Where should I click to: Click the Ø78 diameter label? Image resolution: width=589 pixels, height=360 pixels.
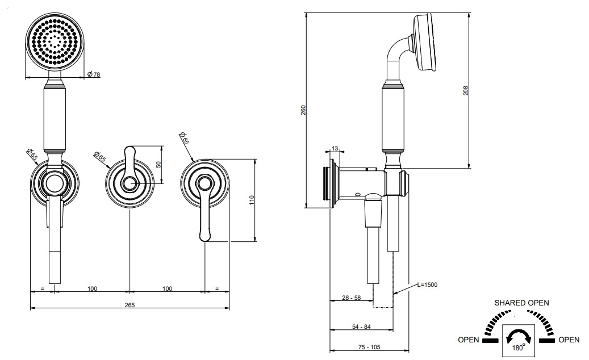point(94,74)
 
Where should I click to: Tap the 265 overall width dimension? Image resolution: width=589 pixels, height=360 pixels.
point(130,305)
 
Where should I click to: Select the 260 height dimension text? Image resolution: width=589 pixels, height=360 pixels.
point(303,110)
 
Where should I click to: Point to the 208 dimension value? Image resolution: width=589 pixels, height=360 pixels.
point(466,90)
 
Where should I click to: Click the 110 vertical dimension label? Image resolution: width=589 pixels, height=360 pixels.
point(252,200)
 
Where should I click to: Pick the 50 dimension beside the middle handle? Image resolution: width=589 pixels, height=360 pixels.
point(158,164)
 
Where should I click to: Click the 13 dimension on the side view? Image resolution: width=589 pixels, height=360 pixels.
point(335,149)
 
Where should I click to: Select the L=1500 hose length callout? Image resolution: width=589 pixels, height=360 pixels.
point(428,284)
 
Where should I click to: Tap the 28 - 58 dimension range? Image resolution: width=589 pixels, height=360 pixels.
point(351,298)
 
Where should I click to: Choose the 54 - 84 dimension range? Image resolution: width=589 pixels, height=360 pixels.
point(361,326)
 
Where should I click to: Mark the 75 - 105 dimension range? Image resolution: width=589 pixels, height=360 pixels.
point(369,348)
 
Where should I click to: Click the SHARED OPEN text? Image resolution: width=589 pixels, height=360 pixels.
point(521,303)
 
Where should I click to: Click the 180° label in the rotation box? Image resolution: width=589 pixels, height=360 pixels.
point(519,348)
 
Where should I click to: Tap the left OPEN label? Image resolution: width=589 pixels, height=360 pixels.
point(469,340)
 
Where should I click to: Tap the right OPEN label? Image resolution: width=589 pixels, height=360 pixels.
point(569,340)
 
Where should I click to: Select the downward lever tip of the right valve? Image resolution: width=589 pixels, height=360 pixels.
point(204,236)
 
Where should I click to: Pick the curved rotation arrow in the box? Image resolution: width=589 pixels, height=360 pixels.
point(519,333)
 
